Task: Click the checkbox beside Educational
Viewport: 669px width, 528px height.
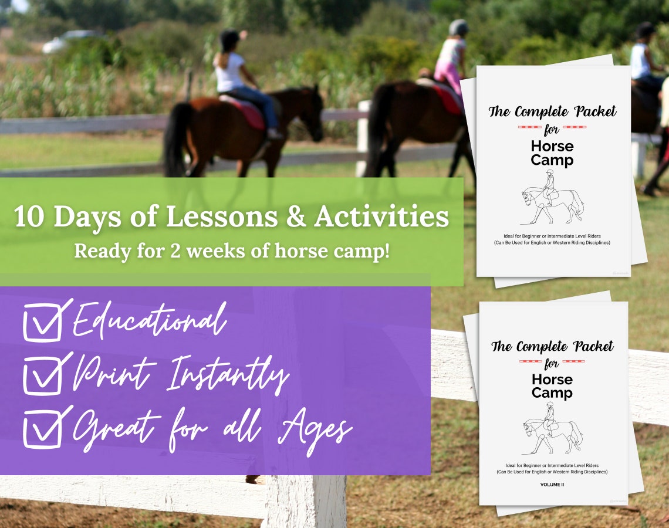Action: pyautogui.click(x=42, y=323)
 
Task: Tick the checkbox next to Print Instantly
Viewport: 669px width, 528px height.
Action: pyautogui.click(x=42, y=376)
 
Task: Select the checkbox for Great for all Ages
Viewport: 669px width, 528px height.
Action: pyautogui.click(x=42, y=429)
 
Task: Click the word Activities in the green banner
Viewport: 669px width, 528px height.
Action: pyautogui.click(x=381, y=217)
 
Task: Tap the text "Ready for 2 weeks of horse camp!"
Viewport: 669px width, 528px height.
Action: pyautogui.click(x=232, y=251)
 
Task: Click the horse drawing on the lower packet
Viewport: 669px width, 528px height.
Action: pyautogui.click(x=552, y=434)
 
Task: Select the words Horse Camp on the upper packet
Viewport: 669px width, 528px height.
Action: pyautogui.click(x=552, y=153)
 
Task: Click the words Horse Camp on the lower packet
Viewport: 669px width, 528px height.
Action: pyautogui.click(x=552, y=386)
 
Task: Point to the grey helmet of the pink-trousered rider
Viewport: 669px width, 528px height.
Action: pyautogui.click(x=458, y=27)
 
